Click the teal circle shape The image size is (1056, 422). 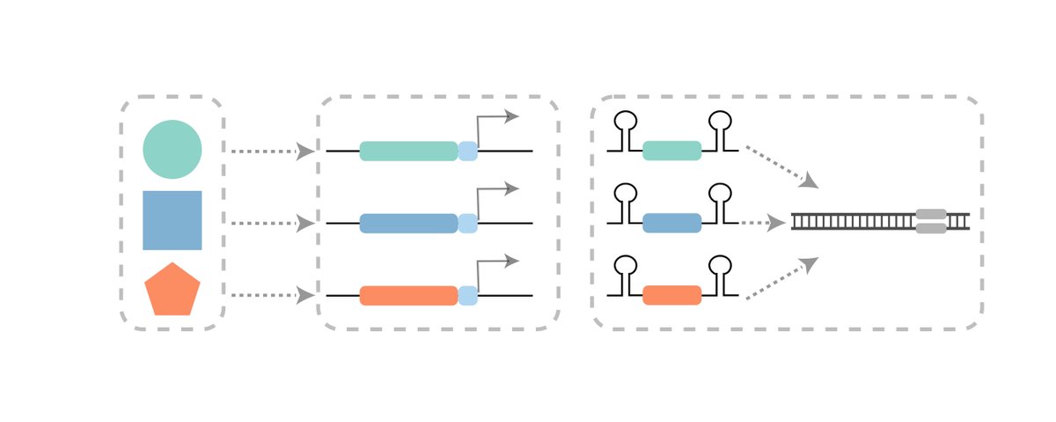172,149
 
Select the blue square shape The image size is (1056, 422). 172,220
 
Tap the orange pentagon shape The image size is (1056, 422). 172,290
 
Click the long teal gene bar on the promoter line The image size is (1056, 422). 408,151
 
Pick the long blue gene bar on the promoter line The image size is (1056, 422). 408,223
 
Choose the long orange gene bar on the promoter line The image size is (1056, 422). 408,295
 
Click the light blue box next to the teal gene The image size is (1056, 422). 468,151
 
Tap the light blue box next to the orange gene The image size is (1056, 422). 468,295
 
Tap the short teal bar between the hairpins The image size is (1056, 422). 672,151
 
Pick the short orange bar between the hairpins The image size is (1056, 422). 672,295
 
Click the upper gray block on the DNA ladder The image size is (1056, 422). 931,214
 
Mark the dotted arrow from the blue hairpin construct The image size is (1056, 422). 762,223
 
